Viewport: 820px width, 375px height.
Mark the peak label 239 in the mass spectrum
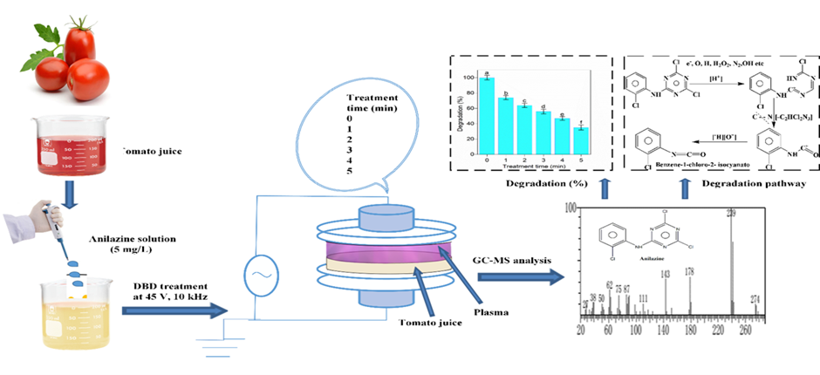[x=730, y=213]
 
